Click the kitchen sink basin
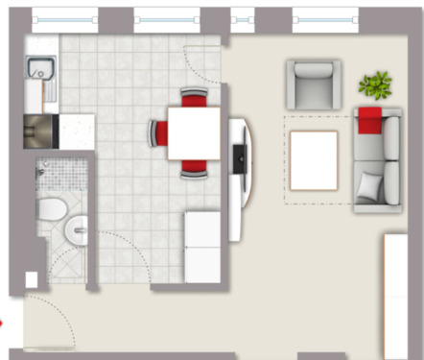(40, 69)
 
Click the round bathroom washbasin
(77, 228)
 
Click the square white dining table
(195, 132)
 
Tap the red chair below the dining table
(194, 167)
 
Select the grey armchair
(313, 84)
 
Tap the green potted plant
(375, 84)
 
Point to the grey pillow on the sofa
(368, 184)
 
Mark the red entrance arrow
(3, 323)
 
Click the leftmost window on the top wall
(64, 17)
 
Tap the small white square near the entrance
(32, 279)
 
